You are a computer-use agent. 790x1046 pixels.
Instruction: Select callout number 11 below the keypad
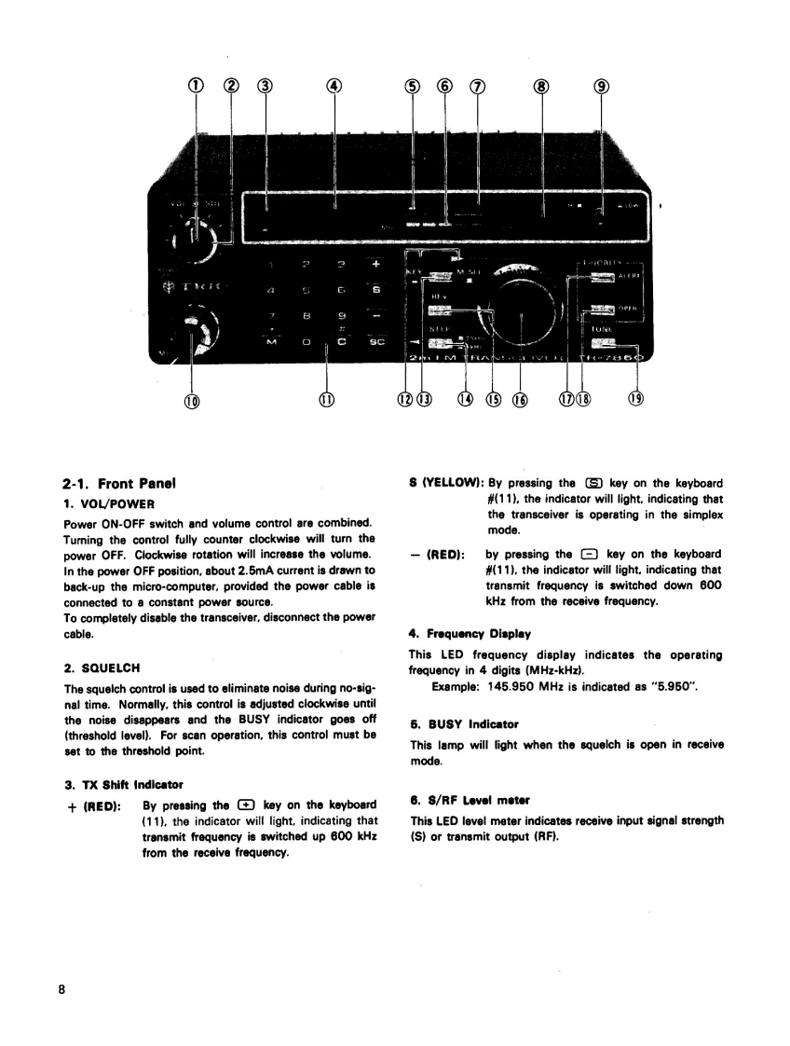point(327,400)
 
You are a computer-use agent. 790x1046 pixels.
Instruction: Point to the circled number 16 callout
point(520,400)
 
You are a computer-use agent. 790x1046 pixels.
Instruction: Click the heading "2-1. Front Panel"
point(119,484)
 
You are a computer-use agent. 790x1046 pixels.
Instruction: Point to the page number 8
point(61,991)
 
